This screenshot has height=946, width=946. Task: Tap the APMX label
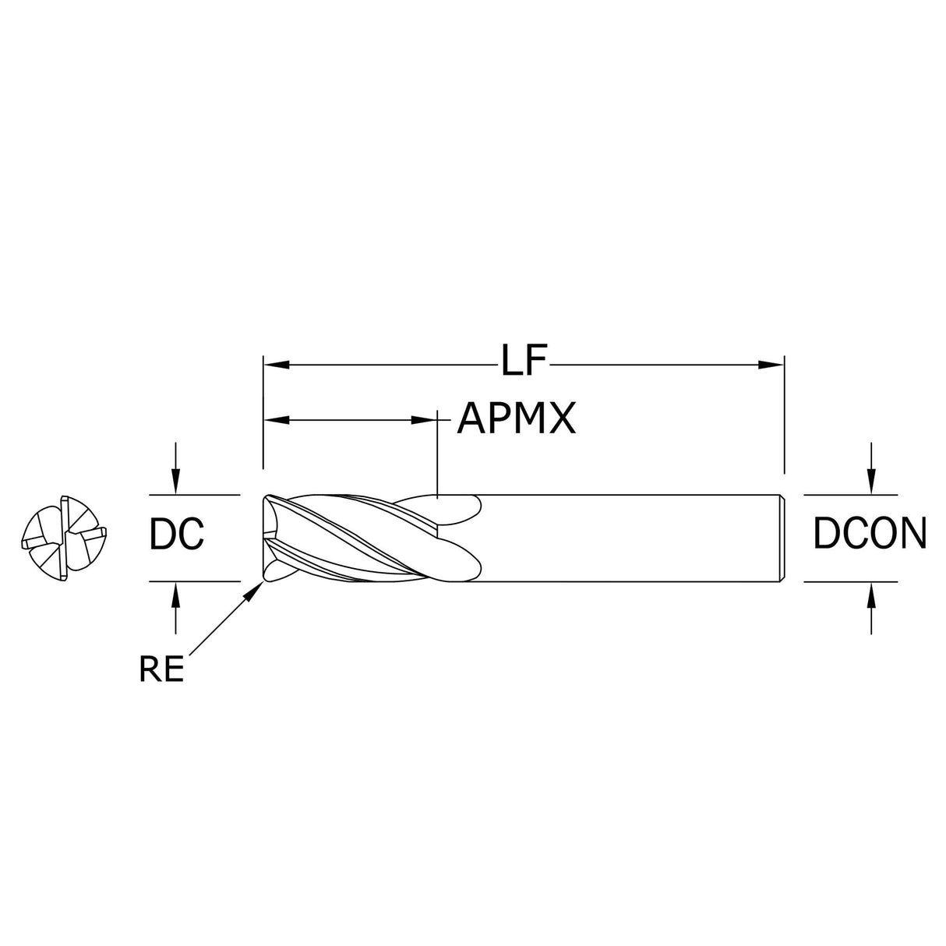[516, 419]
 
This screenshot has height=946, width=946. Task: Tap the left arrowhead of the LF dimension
[276, 364]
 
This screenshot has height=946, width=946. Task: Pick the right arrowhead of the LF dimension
[772, 364]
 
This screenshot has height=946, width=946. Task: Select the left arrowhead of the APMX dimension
[276, 420]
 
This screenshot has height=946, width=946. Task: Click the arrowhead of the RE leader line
[254, 591]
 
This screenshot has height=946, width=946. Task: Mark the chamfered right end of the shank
[782, 538]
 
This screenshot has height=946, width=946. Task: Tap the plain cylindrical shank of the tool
[623, 538]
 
